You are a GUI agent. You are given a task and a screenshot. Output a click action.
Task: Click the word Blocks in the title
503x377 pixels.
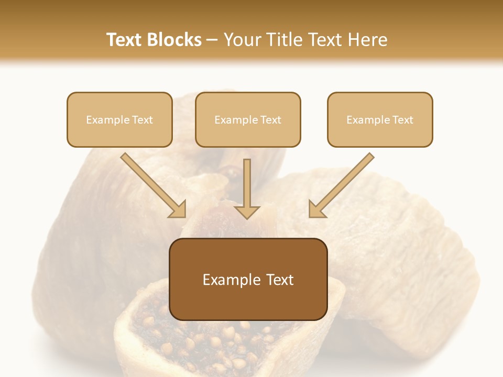coord(174,40)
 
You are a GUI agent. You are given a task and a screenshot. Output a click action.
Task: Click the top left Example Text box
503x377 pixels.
coord(119,119)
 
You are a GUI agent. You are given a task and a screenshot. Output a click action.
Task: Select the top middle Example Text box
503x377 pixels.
coord(248,119)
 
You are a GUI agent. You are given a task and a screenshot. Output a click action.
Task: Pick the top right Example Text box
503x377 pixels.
coord(380,119)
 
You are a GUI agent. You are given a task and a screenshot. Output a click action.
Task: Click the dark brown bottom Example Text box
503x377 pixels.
coord(248,279)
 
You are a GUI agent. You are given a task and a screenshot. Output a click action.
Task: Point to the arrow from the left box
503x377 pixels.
coord(152,184)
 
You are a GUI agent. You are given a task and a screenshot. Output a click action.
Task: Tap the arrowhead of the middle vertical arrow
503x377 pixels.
coord(247,212)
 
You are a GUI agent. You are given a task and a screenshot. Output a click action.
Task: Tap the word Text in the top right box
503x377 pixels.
coord(402,120)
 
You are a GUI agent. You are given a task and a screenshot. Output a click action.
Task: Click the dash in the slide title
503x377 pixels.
coord(212,40)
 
